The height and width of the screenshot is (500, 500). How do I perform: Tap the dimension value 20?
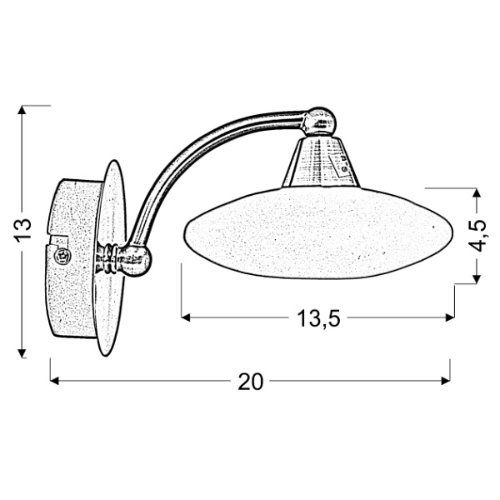(x=250, y=382)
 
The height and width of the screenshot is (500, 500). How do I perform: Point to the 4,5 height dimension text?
(x=477, y=236)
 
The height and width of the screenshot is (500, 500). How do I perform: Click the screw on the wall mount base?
(x=61, y=258)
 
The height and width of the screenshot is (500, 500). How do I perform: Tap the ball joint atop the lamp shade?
(x=319, y=122)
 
